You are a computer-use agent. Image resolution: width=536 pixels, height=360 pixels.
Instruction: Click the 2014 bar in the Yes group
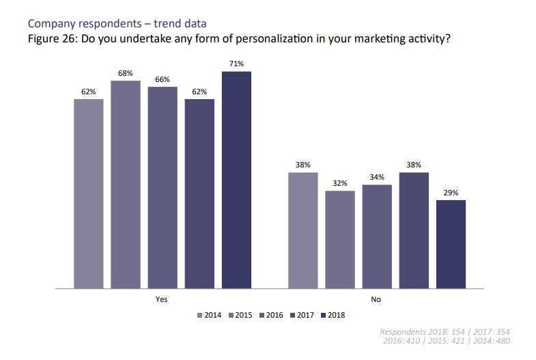click(89, 194)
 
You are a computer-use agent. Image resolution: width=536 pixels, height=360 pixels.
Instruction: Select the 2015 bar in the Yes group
click(126, 184)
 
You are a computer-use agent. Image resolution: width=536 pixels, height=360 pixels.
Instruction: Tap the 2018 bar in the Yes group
click(236, 180)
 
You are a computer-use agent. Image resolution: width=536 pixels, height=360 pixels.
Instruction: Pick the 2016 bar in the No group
click(377, 236)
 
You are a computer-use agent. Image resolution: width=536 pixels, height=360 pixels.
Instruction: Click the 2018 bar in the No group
click(451, 244)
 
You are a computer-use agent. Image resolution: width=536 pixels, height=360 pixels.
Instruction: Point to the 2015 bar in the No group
click(340, 239)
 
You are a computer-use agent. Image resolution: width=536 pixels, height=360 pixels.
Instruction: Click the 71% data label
click(236, 64)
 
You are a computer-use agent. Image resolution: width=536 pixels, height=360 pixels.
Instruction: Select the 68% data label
click(126, 73)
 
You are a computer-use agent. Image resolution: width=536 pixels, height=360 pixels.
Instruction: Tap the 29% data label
click(451, 193)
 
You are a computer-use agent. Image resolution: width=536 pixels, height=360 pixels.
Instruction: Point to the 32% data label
click(340, 183)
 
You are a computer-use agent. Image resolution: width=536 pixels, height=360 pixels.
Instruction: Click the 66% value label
click(163, 79)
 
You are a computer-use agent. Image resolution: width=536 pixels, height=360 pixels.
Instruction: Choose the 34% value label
click(377, 177)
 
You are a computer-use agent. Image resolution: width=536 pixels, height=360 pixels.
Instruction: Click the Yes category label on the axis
click(162, 300)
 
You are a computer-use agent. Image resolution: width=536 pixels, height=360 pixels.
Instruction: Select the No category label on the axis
click(376, 300)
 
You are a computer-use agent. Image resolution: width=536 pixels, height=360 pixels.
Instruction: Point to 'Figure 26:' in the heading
click(52, 38)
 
